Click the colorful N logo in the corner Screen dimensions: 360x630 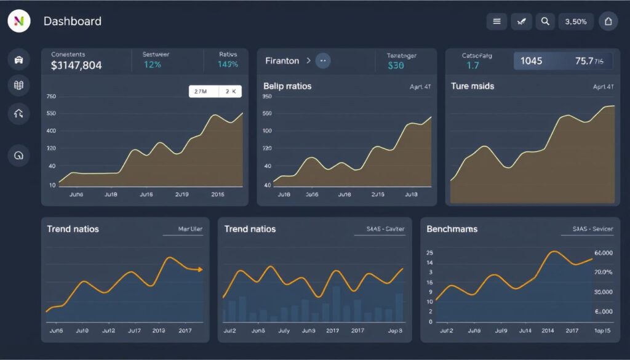pyautogui.click(x=18, y=21)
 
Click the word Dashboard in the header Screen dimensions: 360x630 pyautogui.click(x=73, y=21)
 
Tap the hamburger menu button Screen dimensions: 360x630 pyautogui.click(x=496, y=21)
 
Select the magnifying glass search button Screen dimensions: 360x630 pyautogui.click(x=545, y=21)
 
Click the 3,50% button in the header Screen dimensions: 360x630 pyautogui.click(x=576, y=21)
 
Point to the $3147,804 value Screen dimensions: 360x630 pyautogui.click(x=76, y=65)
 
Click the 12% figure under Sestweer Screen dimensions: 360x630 pyautogui.click(x=152, y=64)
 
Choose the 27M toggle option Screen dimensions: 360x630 pyautogui.click(x=201, y=91)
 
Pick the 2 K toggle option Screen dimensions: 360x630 pyautogui.click(x=231, y=91)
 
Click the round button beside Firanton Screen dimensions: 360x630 pyautogui.click(x=323, y=60)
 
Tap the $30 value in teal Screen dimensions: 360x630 pyautogui.click(x=396, y=65)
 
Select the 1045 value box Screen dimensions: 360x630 pyautogui.click(x=531, y=61)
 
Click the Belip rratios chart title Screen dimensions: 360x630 pyautogui.click(x=287, y=86)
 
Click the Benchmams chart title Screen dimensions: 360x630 pyautogui.click(x=452, y=229)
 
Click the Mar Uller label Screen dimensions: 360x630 pyautogui.click(x=190, y=229)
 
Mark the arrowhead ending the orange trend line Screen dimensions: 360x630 pyautogui.click(x=199, y=270)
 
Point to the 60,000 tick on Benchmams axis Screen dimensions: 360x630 pyautogui.click(x=604, y=253)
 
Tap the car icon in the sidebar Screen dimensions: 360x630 pyautogui.click(x=18, y=60)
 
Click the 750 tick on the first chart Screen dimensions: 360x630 pyautogui.click(x=51, y=97)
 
